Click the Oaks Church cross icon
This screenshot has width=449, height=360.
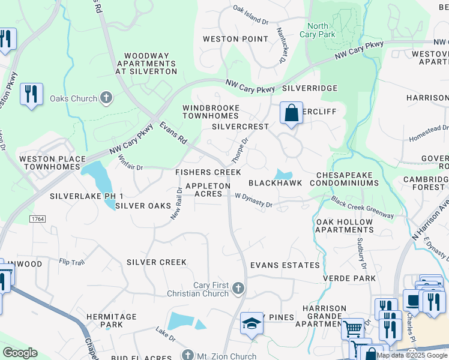106,98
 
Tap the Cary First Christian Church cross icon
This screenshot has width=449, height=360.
238,289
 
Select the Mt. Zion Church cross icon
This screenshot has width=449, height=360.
188,355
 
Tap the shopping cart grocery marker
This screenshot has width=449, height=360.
353,329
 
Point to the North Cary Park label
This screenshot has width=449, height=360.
322,30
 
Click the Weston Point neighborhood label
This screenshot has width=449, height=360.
235,39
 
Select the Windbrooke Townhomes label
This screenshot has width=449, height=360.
211,112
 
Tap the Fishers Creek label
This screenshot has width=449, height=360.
208,172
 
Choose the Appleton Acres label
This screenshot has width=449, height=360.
208,190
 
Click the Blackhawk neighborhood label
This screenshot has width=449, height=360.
275,183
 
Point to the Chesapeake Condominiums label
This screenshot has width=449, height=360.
348,178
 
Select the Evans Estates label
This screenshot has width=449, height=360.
285,265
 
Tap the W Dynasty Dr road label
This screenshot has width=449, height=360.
253,200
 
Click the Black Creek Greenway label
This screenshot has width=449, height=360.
362,208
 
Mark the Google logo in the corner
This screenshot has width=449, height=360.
20,353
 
